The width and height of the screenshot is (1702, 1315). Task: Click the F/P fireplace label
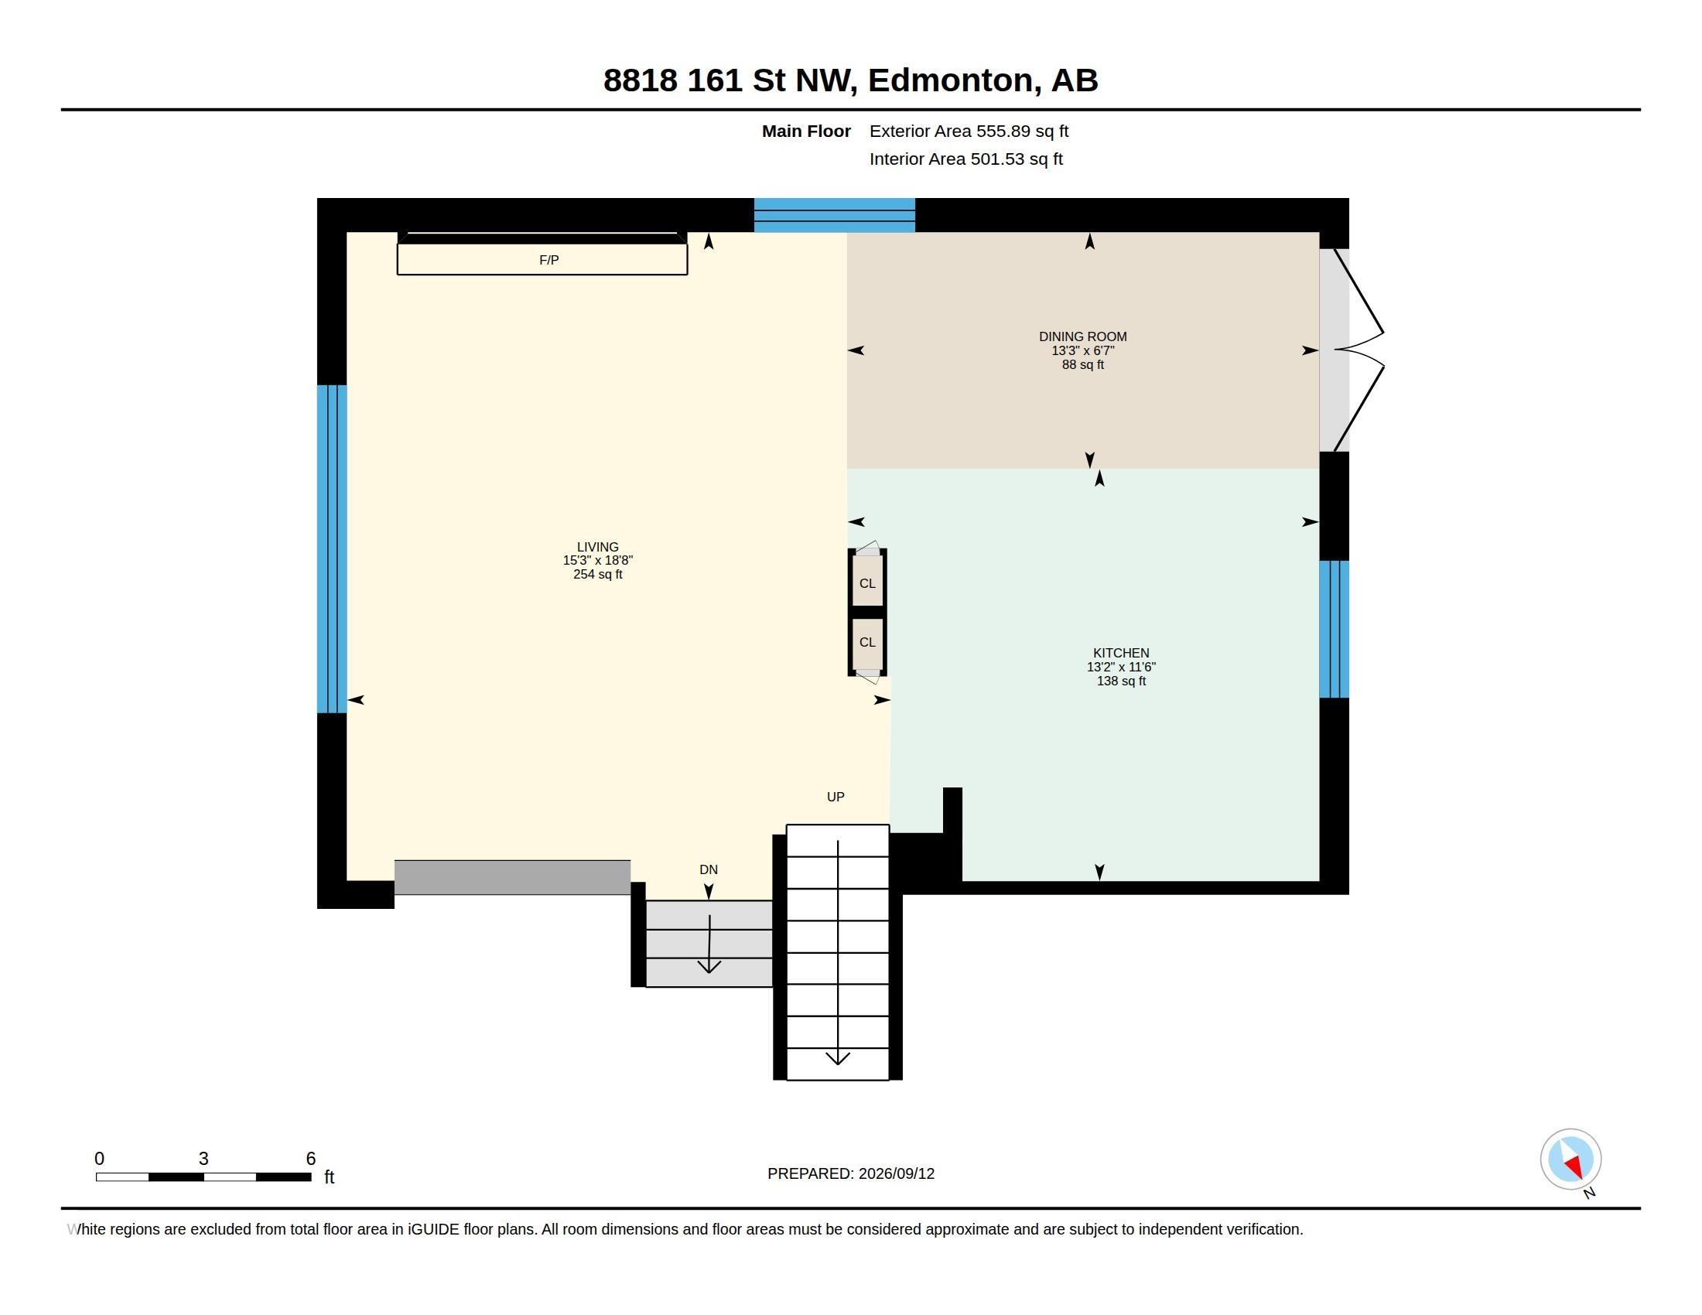(x=549, y=260)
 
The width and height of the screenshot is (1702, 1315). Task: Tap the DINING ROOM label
(x=1082, y=336)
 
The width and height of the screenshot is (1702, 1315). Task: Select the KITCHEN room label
(x=1121, y=653)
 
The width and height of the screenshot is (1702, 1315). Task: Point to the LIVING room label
(x=598, y=547)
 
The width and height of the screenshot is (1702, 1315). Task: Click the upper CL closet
(x=867, y=580)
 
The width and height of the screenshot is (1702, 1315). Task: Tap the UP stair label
(x=836, y=797)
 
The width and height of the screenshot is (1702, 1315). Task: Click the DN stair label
(x=709, y=869)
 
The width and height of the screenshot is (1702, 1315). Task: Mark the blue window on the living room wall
(x=332, y=549)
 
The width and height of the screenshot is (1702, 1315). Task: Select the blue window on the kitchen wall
(x=1334, y=630)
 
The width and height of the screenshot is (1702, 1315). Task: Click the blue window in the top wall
(x=834, y=215)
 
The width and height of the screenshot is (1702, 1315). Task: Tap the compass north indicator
(x=1571, y=1160)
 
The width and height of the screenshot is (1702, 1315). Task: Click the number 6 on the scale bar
(x=311, y=1159)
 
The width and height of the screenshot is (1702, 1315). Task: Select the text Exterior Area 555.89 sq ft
(x=969, y=131)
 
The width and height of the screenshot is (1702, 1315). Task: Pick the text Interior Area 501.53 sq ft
(x=965, y=159)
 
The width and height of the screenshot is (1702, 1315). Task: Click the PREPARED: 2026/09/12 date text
(x=851, y=1173)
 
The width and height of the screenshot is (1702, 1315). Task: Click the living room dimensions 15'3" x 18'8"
(x=598, y=560)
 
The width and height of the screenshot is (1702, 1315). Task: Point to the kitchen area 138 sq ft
(x=1122, y=681)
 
